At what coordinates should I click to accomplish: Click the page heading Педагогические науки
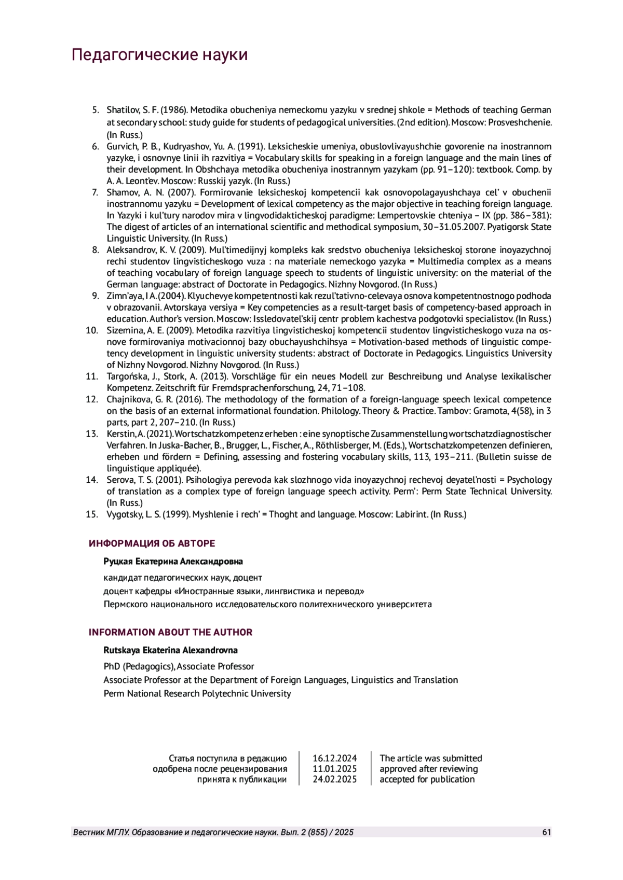point(159,55)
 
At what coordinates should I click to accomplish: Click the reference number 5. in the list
point(96,110)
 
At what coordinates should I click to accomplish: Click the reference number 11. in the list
point(92,376)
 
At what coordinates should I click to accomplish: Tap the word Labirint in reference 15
point(412,514)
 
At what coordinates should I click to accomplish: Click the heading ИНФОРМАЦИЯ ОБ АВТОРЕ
point(152,543)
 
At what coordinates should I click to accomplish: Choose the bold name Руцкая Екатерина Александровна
point(173,562)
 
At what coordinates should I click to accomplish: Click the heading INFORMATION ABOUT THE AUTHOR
point(170,632)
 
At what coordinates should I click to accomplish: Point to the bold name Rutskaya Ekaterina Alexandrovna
point(170,650)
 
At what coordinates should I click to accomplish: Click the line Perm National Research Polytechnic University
point(197,693)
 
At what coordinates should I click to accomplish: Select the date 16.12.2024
point(334,758)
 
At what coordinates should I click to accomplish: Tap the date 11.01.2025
point(334,769)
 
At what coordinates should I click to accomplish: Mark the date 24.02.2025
point(334,779)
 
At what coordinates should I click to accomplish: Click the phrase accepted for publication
point(427,779)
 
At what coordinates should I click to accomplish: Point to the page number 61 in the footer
point(546,832)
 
